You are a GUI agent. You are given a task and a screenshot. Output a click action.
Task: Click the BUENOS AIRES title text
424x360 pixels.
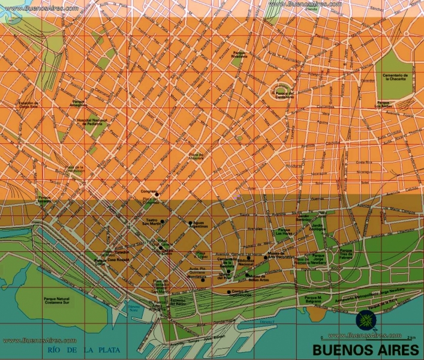point(365,349)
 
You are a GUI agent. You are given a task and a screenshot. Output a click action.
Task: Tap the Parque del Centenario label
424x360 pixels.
point(284,95)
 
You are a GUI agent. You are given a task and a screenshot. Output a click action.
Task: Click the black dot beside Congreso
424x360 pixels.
point(157,194)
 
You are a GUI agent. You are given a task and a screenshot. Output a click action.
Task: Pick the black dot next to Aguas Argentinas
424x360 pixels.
point(190,223)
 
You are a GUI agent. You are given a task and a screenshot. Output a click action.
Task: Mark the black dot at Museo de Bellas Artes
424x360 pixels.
point(248,275)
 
